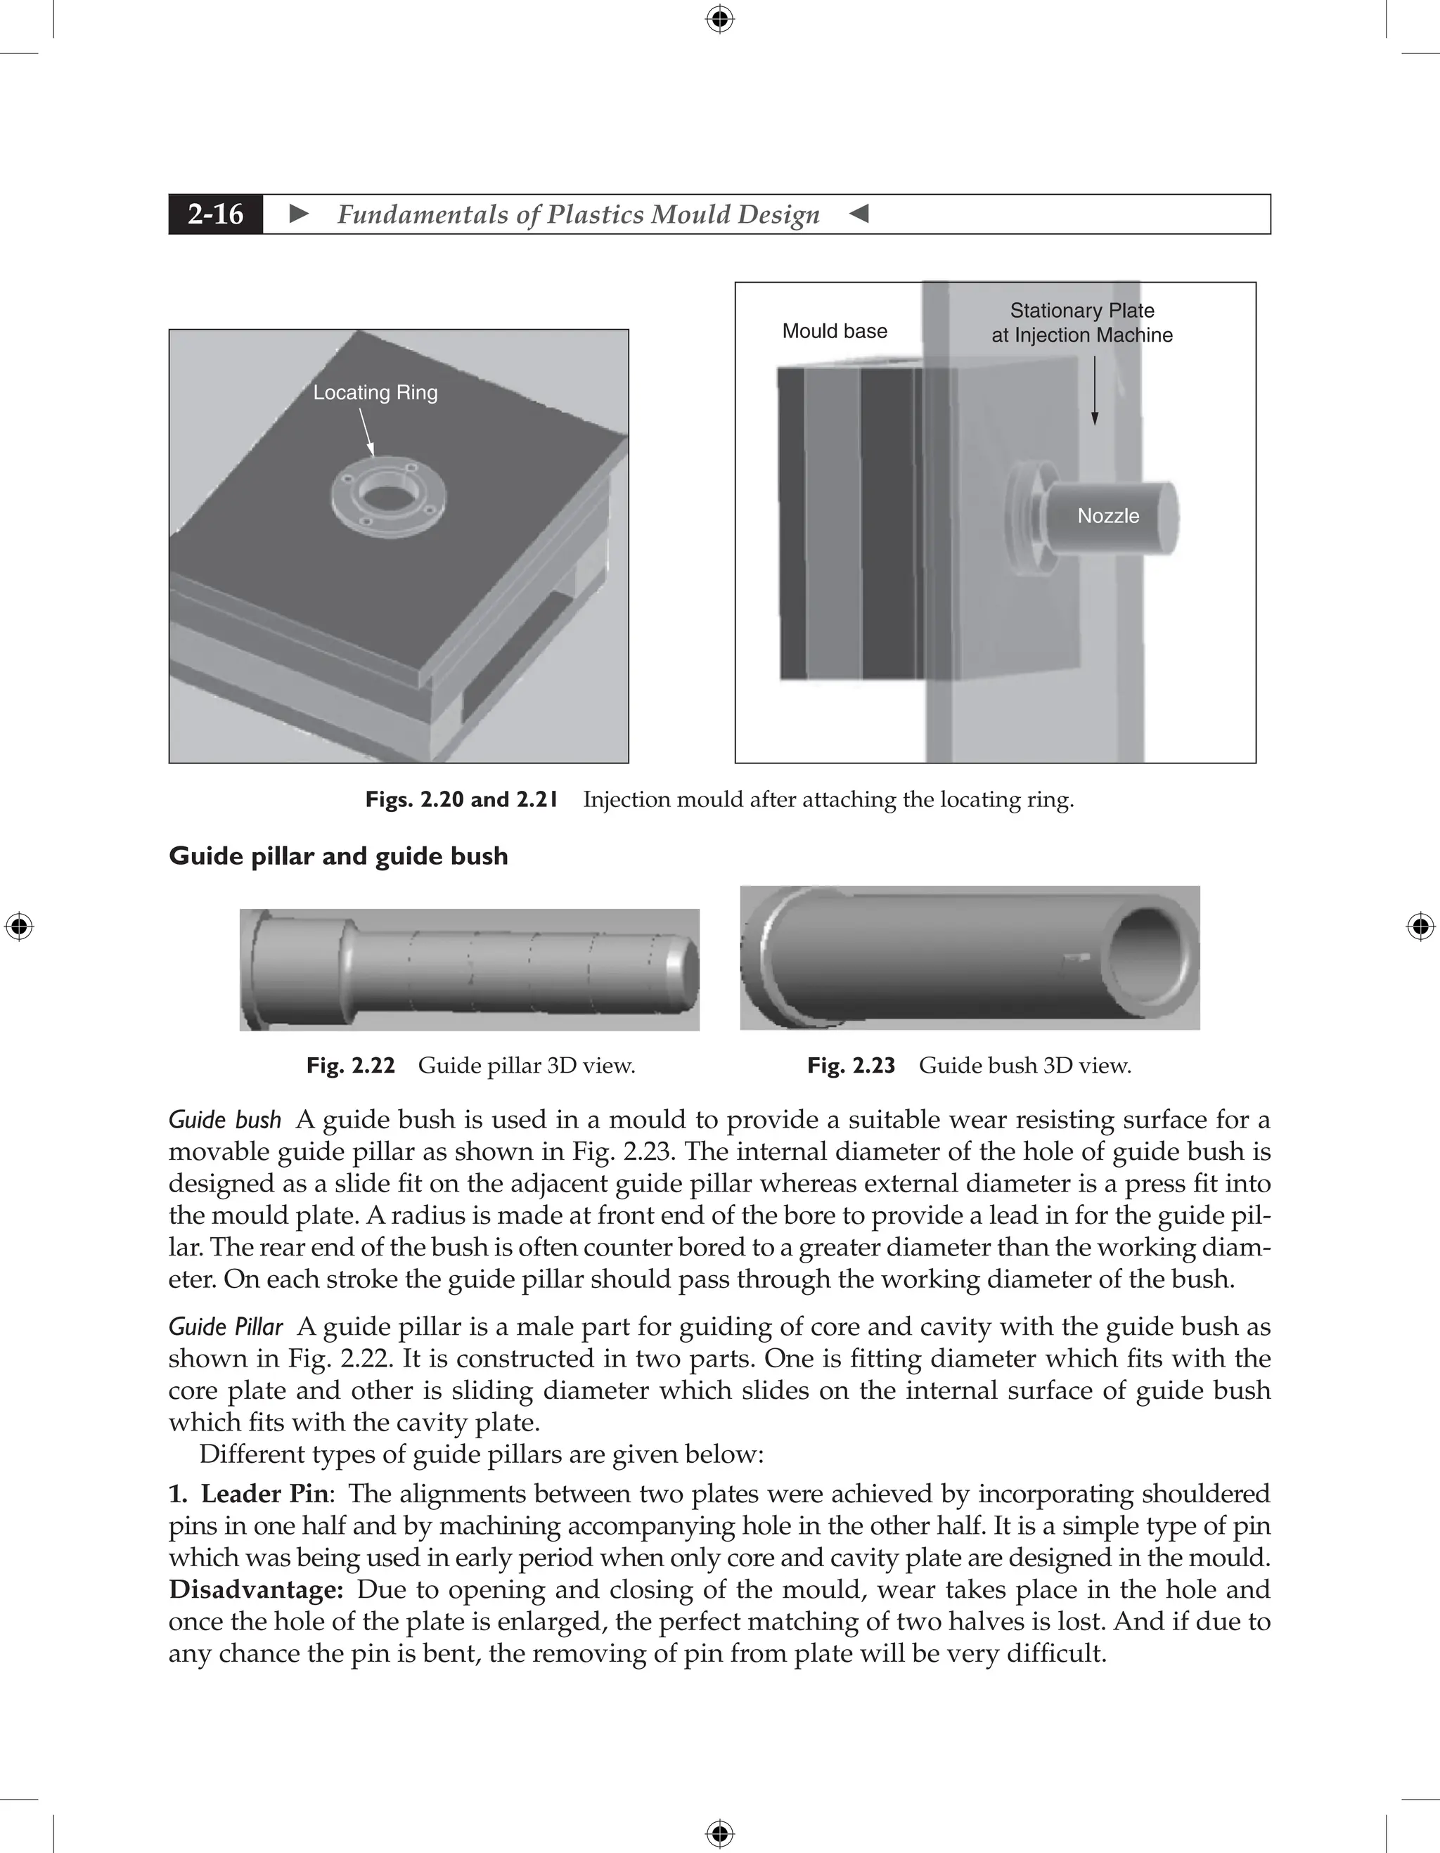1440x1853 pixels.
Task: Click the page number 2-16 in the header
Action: coord(216,214)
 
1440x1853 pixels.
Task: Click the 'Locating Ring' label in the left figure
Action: coord(375,393)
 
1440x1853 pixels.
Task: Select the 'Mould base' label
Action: coord(834,331)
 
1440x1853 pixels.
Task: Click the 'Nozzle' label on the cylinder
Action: coord(1107,516)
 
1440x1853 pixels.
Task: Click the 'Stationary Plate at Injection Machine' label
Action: coord(1082,323)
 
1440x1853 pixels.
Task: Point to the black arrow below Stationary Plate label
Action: coord(1095,390)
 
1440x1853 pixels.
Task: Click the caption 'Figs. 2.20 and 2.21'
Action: coord(461,799)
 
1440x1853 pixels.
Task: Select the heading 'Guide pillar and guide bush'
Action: coord(337,856)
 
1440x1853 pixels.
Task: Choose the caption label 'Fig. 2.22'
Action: coord(350,1066)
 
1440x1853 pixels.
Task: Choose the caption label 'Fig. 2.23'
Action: coord(851,1066)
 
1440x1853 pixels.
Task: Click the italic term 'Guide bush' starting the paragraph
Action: coord(225,1120)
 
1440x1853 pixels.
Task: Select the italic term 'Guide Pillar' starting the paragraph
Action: coord(226,1326)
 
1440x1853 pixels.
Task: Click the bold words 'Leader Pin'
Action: coord(264,1493)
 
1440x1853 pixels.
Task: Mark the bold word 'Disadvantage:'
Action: coord(255,1589)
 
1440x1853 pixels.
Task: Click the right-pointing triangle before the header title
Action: coord(299,214)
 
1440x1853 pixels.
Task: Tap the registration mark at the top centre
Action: coord(719,19)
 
